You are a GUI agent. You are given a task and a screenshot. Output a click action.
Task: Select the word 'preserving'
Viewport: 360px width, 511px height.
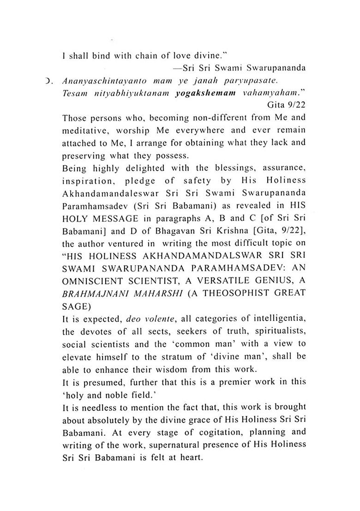(81, 154)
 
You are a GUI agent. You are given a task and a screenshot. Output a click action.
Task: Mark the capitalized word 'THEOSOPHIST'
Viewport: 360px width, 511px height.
(230, 292)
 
